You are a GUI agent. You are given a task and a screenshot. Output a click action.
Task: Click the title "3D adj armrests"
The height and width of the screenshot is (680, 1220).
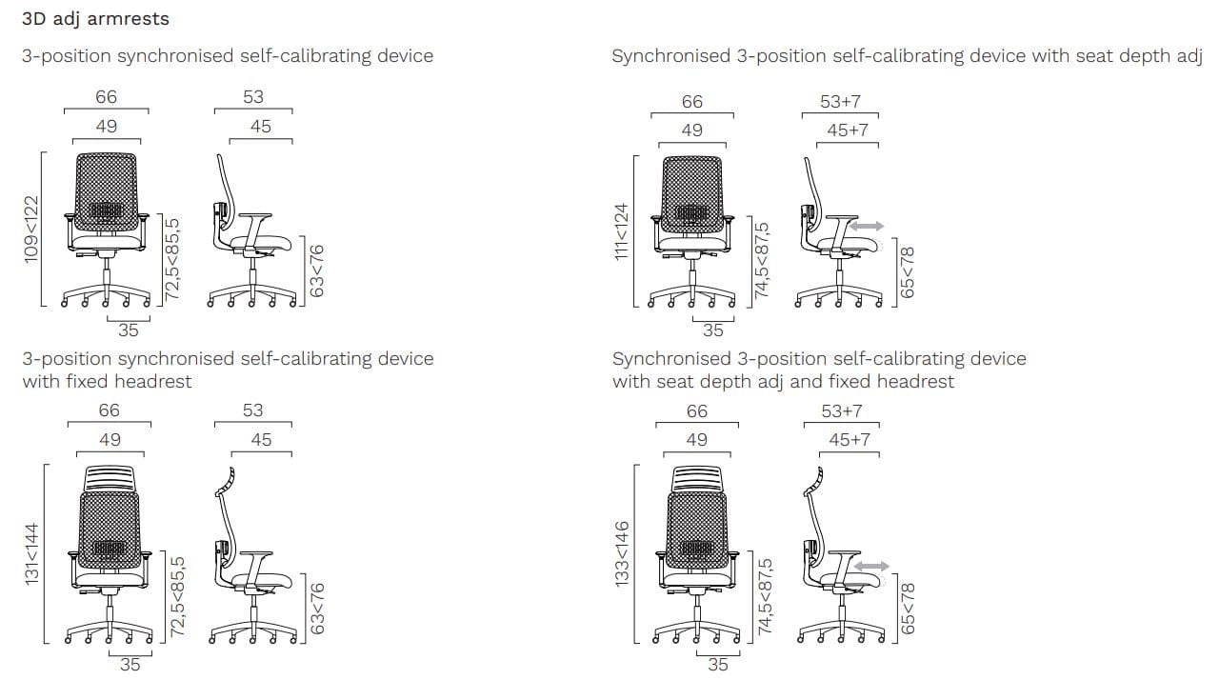[x=95, y=18]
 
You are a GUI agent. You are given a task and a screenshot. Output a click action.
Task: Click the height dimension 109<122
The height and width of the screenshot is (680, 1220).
[x=31, y=230]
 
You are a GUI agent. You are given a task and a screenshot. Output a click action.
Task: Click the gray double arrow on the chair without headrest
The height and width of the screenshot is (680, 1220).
[x=866, y=227]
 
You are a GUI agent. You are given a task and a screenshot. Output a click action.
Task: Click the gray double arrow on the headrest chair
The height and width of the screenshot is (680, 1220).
[x=871, y=566]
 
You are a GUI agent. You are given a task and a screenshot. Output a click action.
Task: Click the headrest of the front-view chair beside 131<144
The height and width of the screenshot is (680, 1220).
[x=111, y=477]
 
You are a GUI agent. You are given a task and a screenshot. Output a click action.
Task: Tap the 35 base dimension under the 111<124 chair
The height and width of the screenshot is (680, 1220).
[x=712, y=331]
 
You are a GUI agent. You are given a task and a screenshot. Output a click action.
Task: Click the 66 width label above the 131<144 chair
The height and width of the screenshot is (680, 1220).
[x=110, y=410]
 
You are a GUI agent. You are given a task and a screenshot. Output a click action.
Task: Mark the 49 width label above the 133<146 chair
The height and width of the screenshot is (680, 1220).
[x=697, y=440]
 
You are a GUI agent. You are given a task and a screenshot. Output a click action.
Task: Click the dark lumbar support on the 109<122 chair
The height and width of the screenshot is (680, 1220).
[x=107, y=210]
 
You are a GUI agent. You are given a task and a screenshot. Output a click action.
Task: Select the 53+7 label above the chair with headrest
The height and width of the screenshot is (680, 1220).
[x=841, y=410]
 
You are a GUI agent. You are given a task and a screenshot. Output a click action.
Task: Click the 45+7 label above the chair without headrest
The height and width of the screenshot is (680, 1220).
[x=848, y=130]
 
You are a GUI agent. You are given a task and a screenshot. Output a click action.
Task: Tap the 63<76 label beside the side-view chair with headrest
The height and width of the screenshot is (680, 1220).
[x=318, y=608]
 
